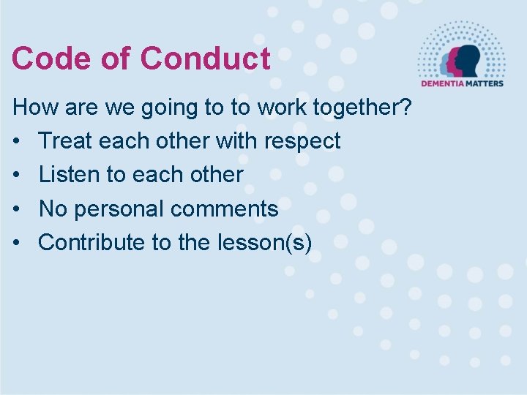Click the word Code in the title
click(51, 59)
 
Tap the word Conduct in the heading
click(205, 59)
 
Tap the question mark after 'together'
click(406, 108)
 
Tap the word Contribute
click(92, 242)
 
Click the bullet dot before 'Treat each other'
click(16, 141)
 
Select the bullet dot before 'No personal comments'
click(16, 209)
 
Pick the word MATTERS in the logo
click(483, 83)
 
